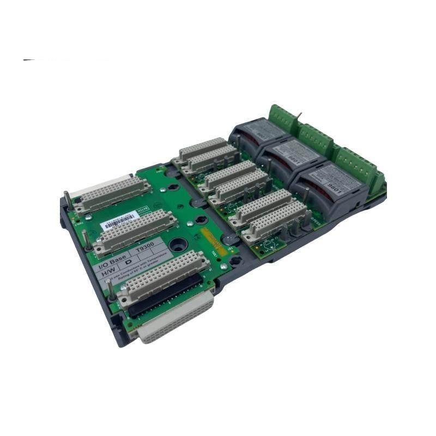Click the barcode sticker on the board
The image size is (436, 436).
pyautogui.click(x=119, y=221)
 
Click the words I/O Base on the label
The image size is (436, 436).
pyautogui.click(x=112, y=259)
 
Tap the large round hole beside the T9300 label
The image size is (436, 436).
pyautogui.click(x=178, y=244)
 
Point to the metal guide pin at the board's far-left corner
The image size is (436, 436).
pyautogui.click(x=66, y=197)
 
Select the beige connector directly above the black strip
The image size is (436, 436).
pyautogui.click(x=163, y=275)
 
